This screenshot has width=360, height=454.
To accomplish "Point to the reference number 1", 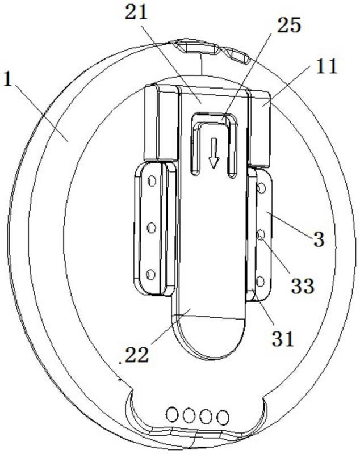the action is coord(8,79).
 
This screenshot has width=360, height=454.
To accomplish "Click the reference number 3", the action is coord(319,239).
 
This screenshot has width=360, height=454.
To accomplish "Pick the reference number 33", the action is coord(303,285).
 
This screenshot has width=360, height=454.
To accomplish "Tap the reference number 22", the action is coord(136,355).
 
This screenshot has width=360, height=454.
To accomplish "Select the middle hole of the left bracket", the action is coord(151,228).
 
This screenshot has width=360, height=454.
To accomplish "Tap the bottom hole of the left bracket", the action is coord(150,275).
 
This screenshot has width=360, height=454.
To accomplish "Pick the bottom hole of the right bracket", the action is coord(260,280).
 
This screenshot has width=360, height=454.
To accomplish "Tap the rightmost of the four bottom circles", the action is coord(223,418).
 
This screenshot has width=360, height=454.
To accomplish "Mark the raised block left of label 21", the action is coord(158,122).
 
